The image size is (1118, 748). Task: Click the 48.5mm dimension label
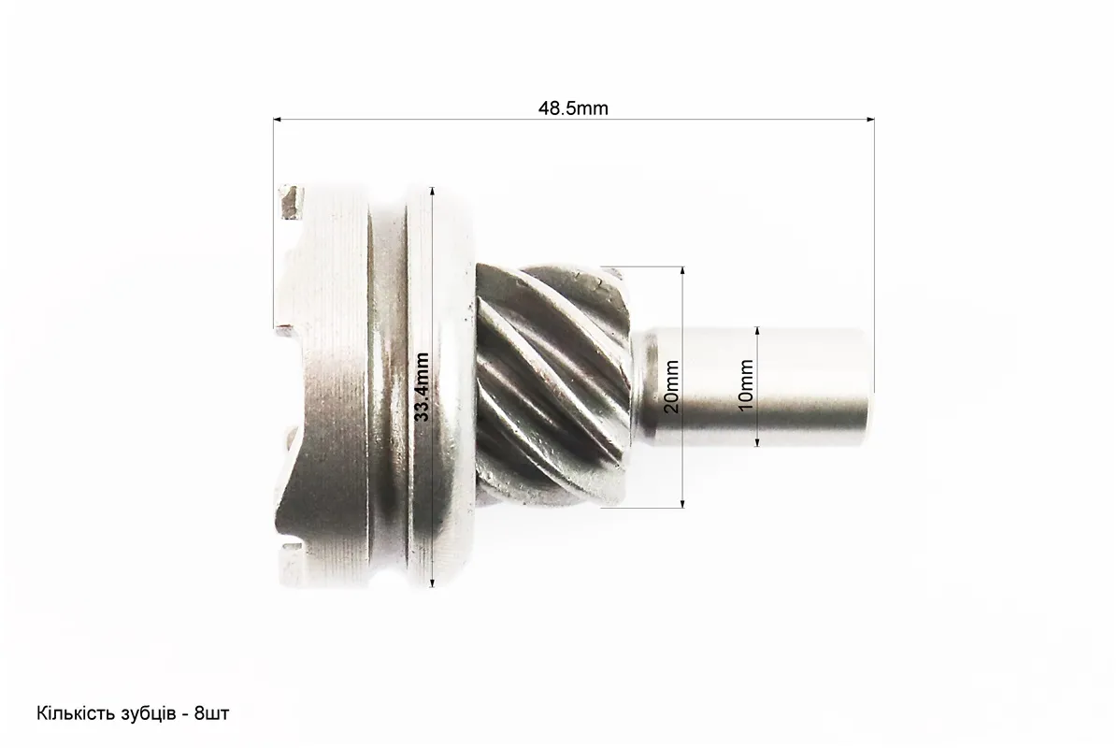573,108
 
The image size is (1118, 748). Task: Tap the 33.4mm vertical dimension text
423,387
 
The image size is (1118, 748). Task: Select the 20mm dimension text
672,387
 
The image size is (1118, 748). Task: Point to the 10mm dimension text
746,384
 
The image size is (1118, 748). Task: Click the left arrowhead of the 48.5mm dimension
278,120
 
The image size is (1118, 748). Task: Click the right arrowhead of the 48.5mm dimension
870,120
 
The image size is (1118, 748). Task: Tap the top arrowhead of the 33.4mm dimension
432,191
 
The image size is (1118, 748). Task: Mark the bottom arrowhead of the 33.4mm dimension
432,583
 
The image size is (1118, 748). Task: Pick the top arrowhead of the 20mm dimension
682,272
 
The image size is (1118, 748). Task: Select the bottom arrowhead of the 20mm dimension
682,503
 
